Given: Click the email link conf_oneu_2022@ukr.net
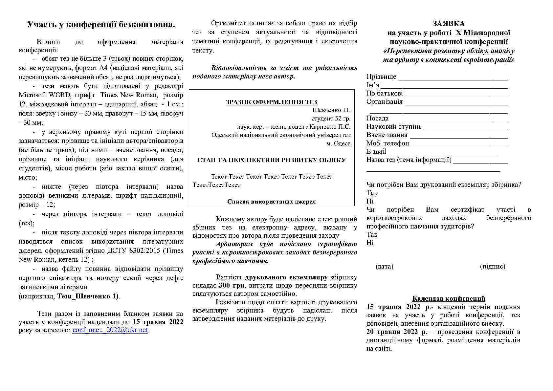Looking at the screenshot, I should click(x=110, y=330).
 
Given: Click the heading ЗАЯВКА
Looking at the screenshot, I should click(x=448, y=24).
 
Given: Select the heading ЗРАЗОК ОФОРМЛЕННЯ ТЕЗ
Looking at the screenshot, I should click(x=271, y=102).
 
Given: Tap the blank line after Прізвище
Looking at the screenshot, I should click(x=453, y=79).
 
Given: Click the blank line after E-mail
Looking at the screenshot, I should click(x=442, y=153).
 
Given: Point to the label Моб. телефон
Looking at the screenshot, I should click(x=387, y=143).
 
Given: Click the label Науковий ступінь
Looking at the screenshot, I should click(x=394, y=127).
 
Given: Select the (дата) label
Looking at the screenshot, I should click(x=384, y=267).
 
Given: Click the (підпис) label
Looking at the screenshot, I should click(x=493, y=267).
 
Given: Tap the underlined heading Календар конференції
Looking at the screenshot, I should click(x=449, y=298).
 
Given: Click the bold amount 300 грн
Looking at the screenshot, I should click(x=232, y=286).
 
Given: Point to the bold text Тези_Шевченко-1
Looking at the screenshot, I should click(x=87, y=296).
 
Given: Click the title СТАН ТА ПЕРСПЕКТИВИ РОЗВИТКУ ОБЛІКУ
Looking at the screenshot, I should click(x=271, y=160).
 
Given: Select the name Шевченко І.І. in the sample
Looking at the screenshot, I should click(x=331, y=110).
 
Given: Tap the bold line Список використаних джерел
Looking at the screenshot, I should click(x=271, y=202).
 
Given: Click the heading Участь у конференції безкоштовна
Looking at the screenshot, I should click(x=101, y=25).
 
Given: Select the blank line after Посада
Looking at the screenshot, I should click(x=449, y=120).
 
